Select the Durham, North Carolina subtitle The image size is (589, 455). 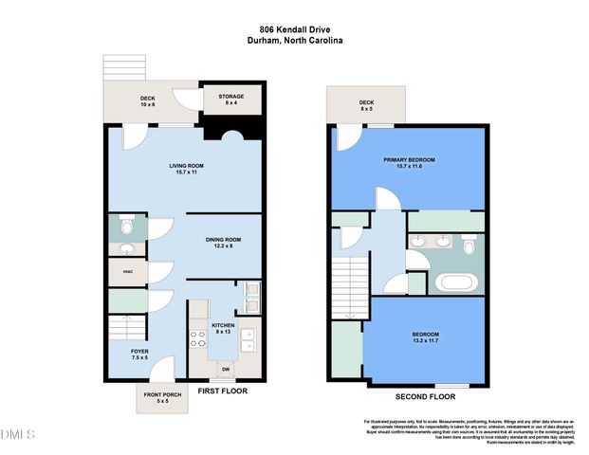pos(294,42)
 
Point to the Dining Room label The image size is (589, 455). pos(224,243)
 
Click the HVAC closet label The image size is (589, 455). pos(127,273)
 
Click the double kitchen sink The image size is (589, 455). pos(248,339)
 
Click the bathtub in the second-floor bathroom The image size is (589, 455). pos(450,282)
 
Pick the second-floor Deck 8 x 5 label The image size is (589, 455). pos(365,106)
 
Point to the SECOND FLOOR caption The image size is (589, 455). pos(424,396)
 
